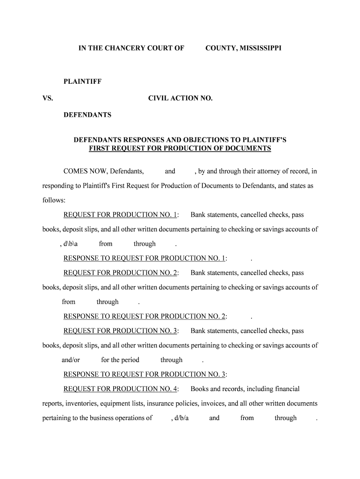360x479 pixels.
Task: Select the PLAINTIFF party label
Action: click(83, 82)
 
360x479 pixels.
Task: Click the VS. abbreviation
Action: click(47, 99)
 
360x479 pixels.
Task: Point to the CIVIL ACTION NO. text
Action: click(180, 99)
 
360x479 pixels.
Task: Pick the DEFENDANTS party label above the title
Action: click(87, 115)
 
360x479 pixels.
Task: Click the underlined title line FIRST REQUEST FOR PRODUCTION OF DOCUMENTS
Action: click(180, 148)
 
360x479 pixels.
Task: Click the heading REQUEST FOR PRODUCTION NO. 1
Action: click(120, 215)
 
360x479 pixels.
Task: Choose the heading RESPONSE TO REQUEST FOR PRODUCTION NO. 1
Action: click(144, 258)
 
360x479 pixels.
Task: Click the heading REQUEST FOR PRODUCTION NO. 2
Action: click(120, 273)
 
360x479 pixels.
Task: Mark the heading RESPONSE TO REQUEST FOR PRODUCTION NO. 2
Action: click(144, 316)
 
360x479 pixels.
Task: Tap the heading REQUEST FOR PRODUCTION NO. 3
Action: click(120, 331)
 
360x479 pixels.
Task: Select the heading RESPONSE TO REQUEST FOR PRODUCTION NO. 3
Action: click(144, 374)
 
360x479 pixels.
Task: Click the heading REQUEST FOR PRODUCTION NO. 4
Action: click(120, 389)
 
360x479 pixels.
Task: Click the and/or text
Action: click(71, 360)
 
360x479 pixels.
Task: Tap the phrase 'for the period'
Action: click(120, 360)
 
